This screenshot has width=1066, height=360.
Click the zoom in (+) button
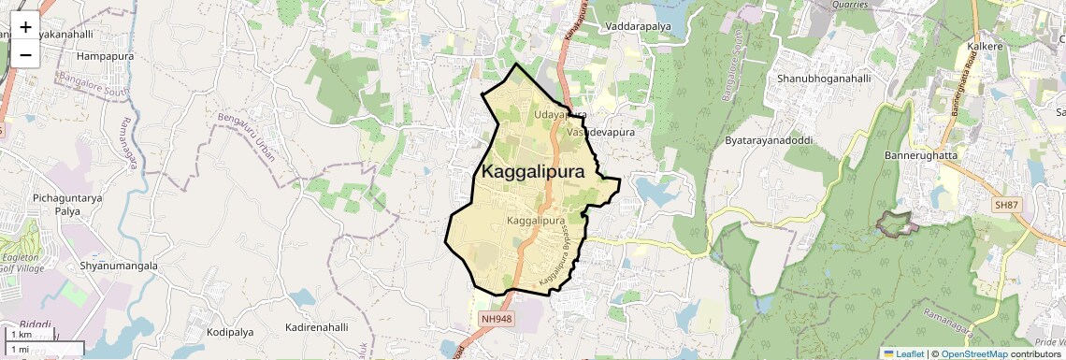[x=25, y=27]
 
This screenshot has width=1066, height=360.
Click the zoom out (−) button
[x=25, y=54]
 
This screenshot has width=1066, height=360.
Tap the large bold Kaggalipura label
[x=533, y=173]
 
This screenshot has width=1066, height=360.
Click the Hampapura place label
[x=106, y=56]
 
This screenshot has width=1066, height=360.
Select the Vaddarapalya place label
[x=640, y=25]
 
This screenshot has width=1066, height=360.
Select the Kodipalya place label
[x=231, y=332]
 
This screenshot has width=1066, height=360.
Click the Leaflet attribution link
[x=904, y=353]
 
